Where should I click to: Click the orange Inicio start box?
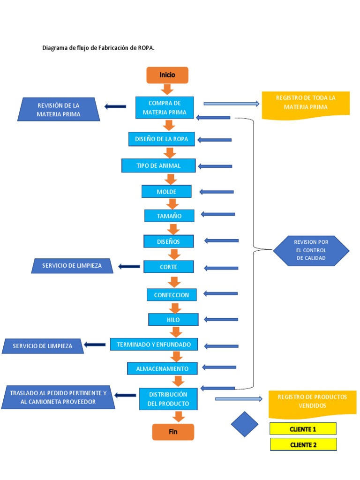[167, 75]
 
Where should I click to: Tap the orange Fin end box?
[173, 432]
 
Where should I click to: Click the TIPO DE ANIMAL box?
[158, 165]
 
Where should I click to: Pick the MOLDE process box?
[166, 192]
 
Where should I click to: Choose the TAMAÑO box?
[169, 216]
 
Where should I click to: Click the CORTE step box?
[169, 267]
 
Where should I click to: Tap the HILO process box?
[173, 320]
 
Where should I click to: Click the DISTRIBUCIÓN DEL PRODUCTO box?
[168, 399]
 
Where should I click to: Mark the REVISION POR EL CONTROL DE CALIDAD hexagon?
[311, 250]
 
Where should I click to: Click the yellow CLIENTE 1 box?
[303, 429]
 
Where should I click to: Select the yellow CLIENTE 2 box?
[303, 445]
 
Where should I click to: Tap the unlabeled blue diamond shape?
[245, 424]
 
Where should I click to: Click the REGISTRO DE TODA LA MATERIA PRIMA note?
[306, 103]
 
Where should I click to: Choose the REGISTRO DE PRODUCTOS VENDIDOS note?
[312, 402]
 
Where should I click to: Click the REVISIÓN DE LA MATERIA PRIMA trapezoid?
[59, 110]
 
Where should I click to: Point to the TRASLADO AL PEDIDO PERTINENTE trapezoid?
[59, 397]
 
